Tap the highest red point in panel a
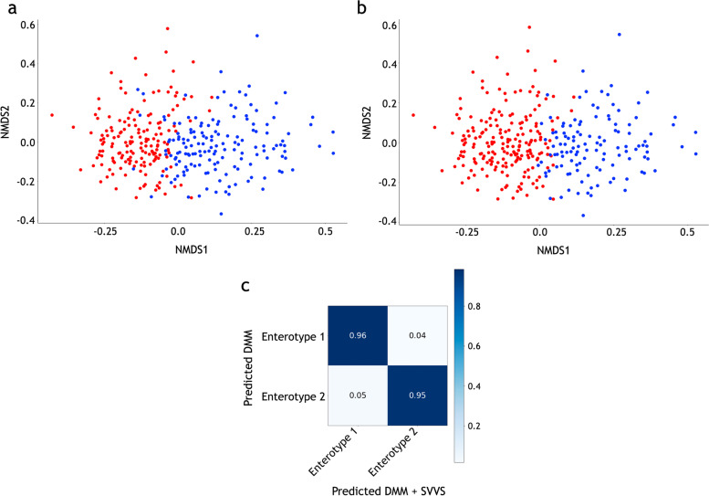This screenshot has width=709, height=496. pos(167,28)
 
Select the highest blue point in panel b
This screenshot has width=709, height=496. pos(619,35)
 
